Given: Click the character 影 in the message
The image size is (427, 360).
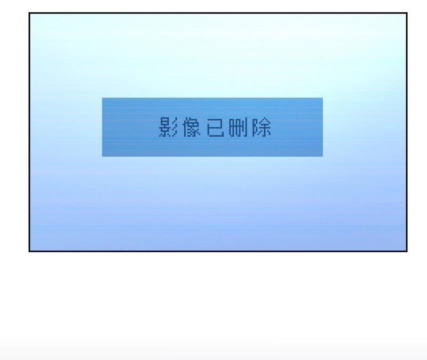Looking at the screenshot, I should pos(168,127).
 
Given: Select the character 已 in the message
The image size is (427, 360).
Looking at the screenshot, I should pos(215,127).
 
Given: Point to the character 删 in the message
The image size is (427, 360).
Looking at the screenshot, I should pos(239,127).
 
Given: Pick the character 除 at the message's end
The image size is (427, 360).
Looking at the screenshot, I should pos(262,127).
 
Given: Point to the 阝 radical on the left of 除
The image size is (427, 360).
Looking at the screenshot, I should pos(255,128).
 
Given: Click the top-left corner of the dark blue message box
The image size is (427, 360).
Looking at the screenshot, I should pos(102,98).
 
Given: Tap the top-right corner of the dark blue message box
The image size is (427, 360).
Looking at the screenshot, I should pos(322,98).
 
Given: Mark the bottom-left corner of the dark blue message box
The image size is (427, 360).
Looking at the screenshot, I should pos(102,156).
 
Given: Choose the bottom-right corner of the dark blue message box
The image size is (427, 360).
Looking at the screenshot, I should pos(322,156).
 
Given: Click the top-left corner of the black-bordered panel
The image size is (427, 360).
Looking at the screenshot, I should pos(29,13).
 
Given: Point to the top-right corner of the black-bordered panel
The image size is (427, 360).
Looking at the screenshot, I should pos(407,13).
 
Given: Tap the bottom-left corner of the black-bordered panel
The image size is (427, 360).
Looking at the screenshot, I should pos(29,251).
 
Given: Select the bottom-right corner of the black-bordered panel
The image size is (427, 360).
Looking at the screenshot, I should pos(407,251).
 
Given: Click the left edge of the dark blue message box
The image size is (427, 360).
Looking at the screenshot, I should pos(102,127).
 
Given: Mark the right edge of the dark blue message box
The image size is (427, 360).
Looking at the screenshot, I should pos(322,127).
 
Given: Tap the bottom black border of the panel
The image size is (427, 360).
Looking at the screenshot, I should pos(218,251).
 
